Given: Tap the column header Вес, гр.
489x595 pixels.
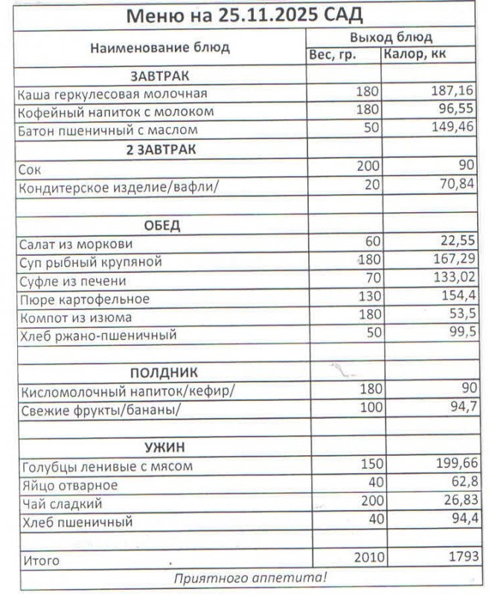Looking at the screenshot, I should [332, 54].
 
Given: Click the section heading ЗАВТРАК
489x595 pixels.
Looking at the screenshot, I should [159, 75].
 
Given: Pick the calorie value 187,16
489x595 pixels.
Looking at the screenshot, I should [454, 91].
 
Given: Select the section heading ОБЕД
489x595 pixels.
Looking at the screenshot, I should [162, 225].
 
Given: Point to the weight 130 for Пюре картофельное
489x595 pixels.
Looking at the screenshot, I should [368, 297].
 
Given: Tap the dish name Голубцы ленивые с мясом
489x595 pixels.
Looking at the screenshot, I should [107, 467].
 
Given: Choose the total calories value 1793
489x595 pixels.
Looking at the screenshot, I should [458, 556].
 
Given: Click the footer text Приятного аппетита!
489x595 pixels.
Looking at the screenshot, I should [250, 578].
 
